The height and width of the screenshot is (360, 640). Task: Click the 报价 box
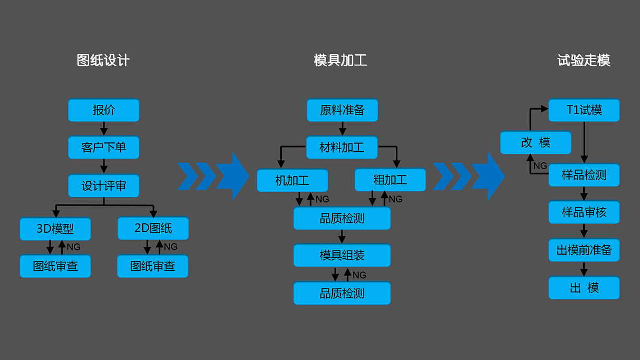[x=104, y=110]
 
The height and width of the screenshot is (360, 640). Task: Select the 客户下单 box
[x=104, y=148]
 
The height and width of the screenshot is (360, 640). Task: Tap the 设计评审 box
[x=104, y=185]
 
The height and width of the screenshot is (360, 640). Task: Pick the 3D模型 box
[x=55, y=229]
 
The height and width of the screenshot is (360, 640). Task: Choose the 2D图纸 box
[x=153, y=229]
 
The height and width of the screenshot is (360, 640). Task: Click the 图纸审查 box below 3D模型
[x=55, y=266]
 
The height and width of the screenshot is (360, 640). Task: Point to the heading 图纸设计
[x=103, y=61]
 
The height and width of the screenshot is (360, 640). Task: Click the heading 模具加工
[x=340, y=61]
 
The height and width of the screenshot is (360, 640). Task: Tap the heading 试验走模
[x=584, y=61]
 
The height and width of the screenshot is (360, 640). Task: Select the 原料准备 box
[x=342, y=110]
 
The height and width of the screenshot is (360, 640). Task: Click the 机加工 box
[x=292, y=181]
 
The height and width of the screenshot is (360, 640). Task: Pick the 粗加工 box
[x=390, y=181]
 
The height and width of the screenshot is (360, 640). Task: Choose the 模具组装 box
[x=342, y=256]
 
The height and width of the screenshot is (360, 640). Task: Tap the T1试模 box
[x=584, y=110]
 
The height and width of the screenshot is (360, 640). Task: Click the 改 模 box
[x=536, y=142]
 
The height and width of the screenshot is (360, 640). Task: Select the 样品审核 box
[x=584, y=212]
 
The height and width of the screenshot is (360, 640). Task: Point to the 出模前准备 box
[x=584, y=250]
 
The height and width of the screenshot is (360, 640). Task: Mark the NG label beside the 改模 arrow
[x=540, y=166]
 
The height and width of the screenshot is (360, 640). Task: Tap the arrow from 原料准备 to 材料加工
[x=342, y=129]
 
